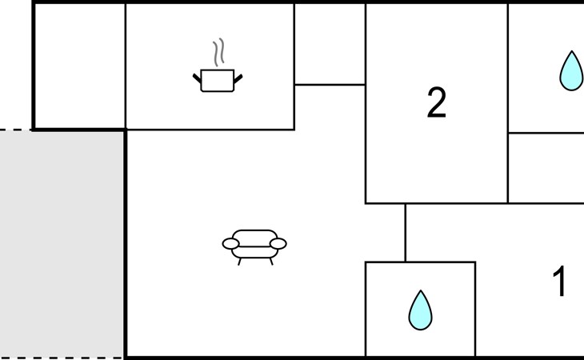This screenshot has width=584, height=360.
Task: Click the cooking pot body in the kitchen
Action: tap(217, 81)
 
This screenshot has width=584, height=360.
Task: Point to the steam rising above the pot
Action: tap(218, 53)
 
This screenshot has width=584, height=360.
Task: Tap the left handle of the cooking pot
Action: tap(197, 78)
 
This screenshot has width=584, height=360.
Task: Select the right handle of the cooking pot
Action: tap(238, 78)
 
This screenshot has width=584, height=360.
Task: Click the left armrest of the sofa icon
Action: tap(230, 243)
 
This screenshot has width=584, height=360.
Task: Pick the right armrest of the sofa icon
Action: tap(278, 243)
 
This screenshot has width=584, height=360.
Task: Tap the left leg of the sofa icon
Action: tap(239, 261)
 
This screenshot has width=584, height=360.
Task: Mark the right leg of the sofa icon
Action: tap(270, 261)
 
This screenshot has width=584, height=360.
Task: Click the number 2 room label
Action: tap(436, 103)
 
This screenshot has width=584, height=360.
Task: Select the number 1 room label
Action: tap(560, 282)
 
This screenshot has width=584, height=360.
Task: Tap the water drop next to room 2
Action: tap(570, 71)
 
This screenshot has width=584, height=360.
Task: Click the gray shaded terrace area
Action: tap(62, 243)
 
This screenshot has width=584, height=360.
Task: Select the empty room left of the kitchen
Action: tap(79, 66)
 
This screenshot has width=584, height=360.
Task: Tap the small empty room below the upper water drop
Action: tap(546, 168)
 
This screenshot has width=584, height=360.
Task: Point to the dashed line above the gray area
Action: tap(16, 130)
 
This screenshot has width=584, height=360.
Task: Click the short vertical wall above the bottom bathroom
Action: tap(405, 233)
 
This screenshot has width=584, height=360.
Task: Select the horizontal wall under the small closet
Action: tap(330, 84)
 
